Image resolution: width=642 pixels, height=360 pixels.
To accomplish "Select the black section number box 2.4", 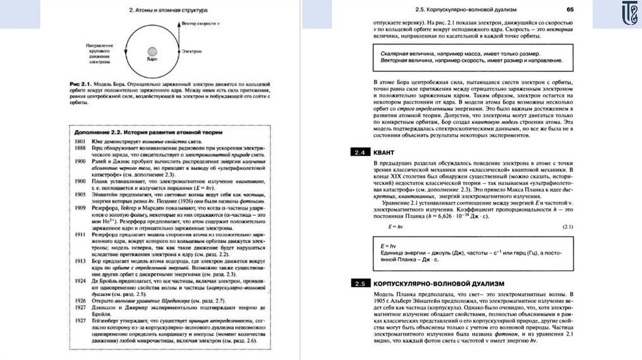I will pyautogui.click(x=360, y=152).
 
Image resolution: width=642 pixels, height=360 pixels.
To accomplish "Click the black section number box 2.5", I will pyautogui.click(x=360, y=283).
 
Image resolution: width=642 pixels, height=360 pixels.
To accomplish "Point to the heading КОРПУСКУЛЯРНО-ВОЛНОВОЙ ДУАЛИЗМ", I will pyautogui.click(x=438, y=283).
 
